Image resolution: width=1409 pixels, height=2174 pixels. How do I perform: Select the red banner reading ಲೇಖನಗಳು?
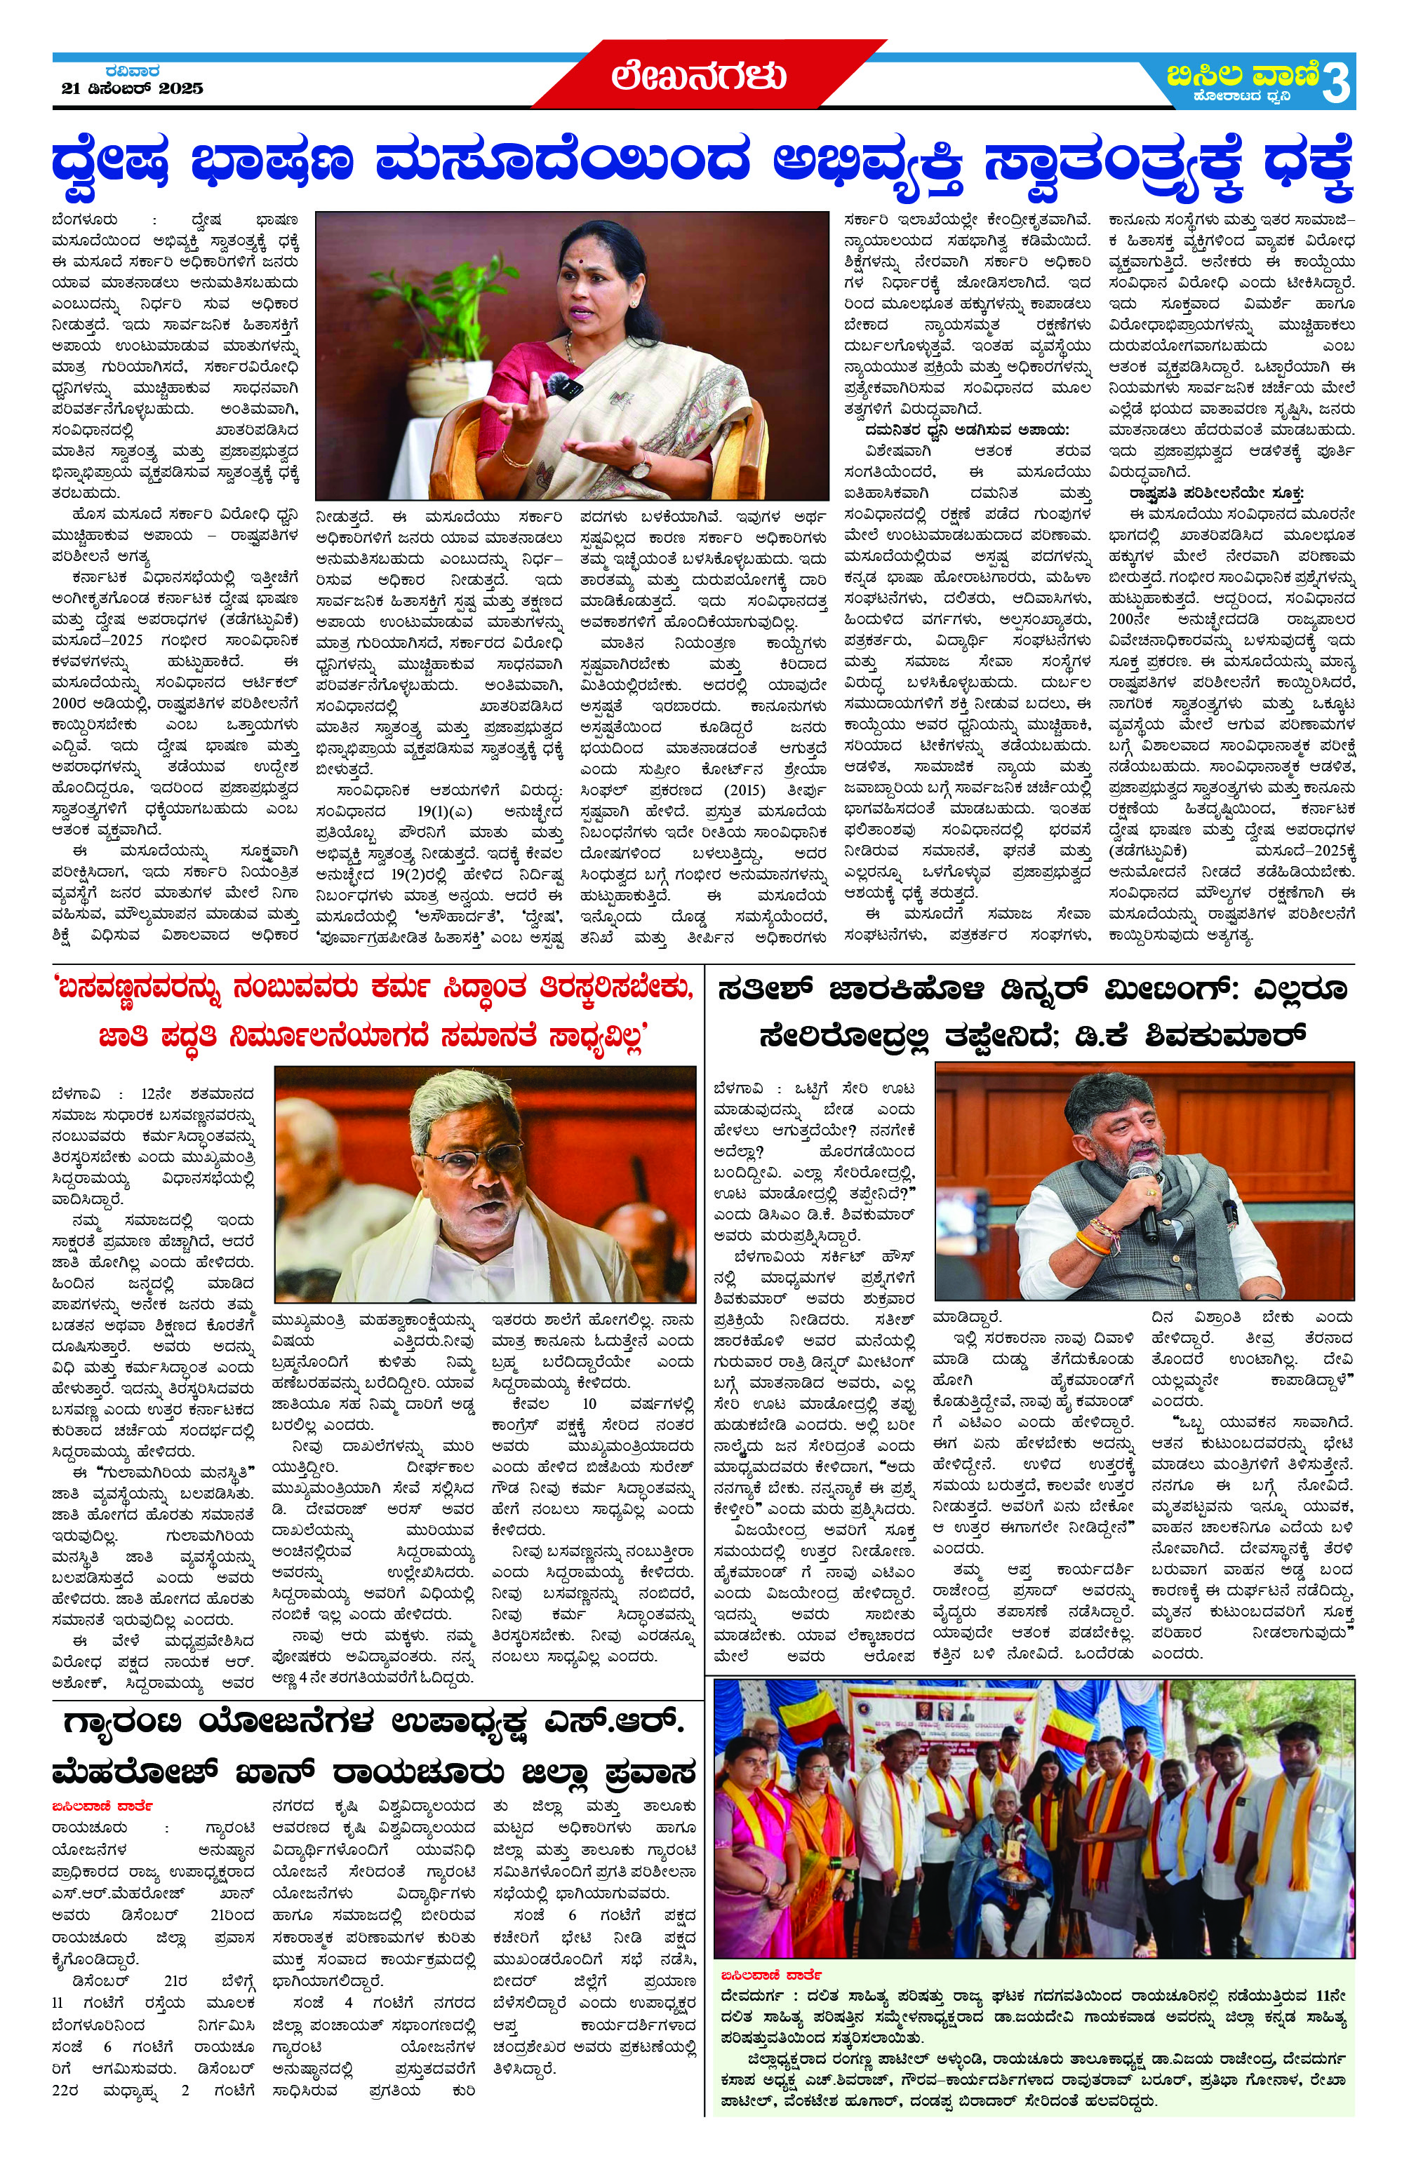(x=699, y=76)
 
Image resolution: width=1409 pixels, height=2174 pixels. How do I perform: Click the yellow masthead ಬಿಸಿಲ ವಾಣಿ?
(x=1243, y=73)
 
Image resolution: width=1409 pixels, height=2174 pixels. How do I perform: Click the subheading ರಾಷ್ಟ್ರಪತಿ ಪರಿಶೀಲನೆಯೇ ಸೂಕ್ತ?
(x=1216, y=492)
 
